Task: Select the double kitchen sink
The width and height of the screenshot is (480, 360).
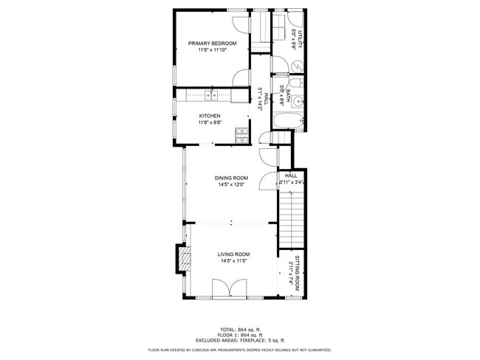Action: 210,94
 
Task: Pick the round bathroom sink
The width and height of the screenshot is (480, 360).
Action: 296,102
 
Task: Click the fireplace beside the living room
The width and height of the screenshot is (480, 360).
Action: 182,259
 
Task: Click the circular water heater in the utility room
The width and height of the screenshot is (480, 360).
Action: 294,65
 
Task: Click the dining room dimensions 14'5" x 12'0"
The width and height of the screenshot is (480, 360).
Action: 231,185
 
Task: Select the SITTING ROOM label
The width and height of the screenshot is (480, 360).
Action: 297,272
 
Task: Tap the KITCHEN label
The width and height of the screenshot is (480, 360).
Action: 210,116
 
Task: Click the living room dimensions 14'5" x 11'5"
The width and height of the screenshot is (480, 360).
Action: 233,261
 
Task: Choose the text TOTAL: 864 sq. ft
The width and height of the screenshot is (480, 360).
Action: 240,329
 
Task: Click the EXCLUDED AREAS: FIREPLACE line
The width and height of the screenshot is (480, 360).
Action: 240,339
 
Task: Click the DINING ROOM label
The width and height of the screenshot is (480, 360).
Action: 231,178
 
